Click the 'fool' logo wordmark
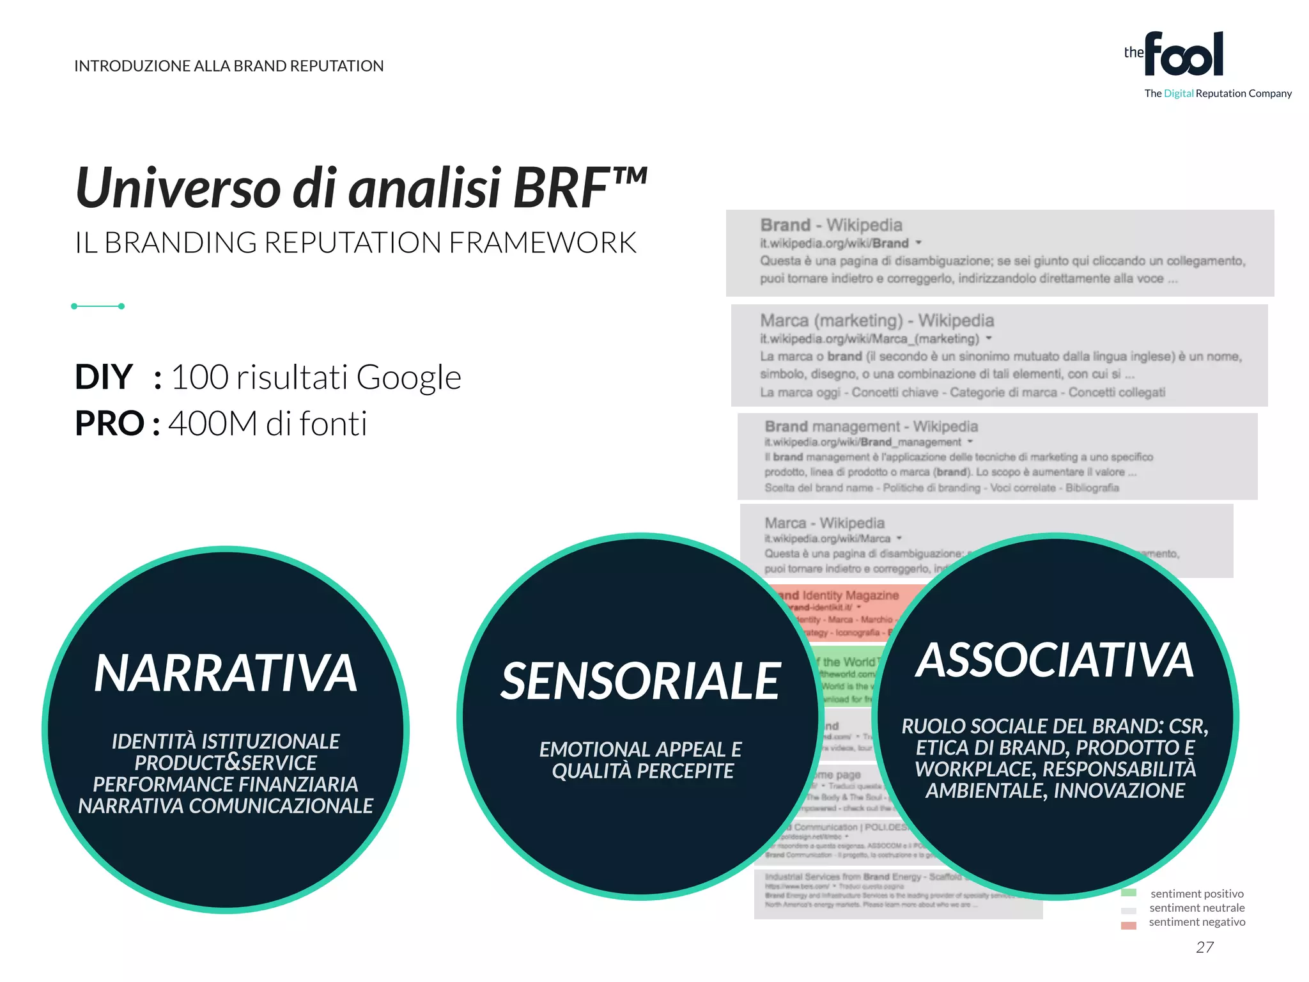click(x=1184, y=55)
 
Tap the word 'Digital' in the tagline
click(x=1178, y=93)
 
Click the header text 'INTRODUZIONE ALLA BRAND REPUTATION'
click(x=229, y=66)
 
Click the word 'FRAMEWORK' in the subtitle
click(x=543, y=243)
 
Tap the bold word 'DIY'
click(x=104, y=377)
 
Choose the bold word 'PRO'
click(x=109, y=423)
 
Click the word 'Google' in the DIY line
click(x=408, y=377)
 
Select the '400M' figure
click(x=212, y=423)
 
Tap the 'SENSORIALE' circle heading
click(x=640, y=682)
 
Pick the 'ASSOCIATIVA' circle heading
click(x=1055, y=660)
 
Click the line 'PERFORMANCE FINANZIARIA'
click(x=226, y=784)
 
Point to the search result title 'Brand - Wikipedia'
click(x=831, y=225)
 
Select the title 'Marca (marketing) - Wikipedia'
click(x=877, y=320)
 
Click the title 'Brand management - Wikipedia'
click(x=871, y=426)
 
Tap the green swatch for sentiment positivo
click(x=1129, y=893)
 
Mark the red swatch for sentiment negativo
click(x=1129, y=925)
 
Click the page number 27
click(x=1205, y=947)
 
